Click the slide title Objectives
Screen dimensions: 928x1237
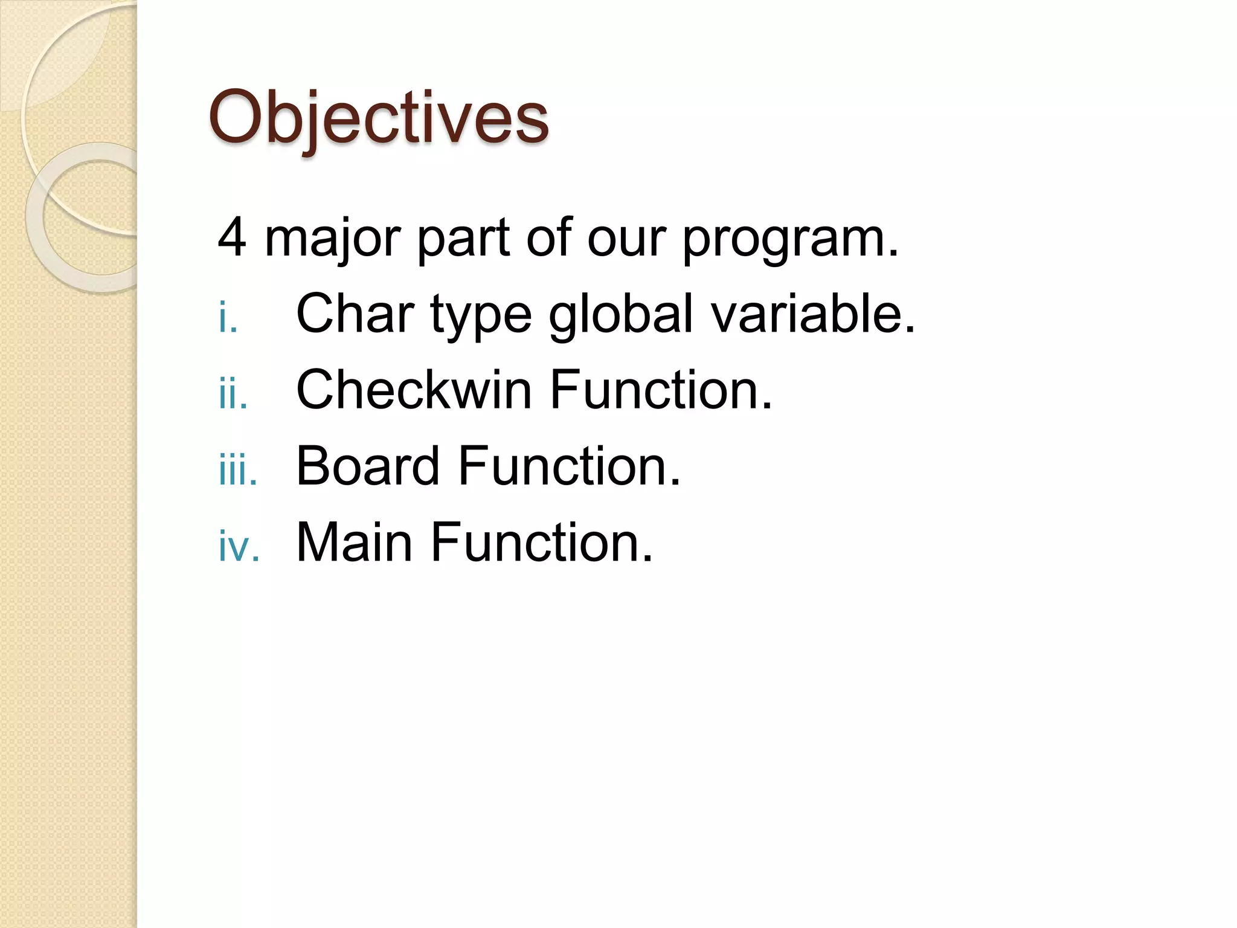click(379, 117)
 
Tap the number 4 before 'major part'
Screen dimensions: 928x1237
click(232, 238)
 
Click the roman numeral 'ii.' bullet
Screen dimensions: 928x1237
click(233, 395)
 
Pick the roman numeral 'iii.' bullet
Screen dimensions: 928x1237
click(238, 471)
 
